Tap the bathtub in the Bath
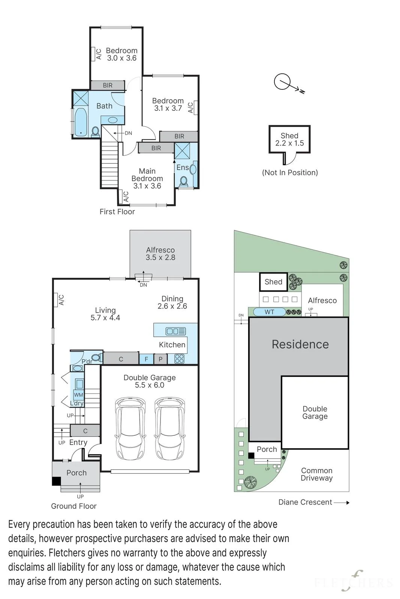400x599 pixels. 80,122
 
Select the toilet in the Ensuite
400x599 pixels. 184,182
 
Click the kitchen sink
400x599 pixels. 176,331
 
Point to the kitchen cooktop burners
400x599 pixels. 179,359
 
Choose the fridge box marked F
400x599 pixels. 147,359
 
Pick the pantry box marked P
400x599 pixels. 160,359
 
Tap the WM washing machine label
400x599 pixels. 78,395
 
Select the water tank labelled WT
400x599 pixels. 269,312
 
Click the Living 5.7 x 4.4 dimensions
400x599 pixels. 105,318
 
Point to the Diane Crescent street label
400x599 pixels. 305,502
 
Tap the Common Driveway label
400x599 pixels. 317,474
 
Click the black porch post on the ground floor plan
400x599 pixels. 56,481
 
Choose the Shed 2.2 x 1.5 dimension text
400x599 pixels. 289,143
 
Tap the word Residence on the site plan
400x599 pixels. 300,344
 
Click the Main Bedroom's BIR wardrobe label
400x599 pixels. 156,148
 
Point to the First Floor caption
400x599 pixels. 117,212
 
